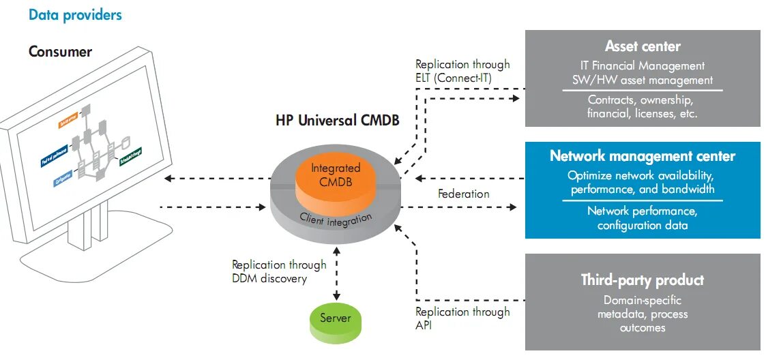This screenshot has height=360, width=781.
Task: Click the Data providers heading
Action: pyautogui.click(x=75, y=14)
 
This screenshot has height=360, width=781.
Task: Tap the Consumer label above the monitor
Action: pyautogui.click(x=60, y=52)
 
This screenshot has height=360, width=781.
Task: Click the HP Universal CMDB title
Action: pyautogui.click(x=337, y=121)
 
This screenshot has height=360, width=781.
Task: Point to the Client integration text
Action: pyautogui.click(x=336, y=220)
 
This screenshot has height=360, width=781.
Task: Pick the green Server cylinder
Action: pyautogui.click(x=336, y=319)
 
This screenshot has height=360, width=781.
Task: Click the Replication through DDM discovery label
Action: pyautogui.click(x=279, y=271)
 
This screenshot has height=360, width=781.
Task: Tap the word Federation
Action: pyautogui.click(x=463, y=194)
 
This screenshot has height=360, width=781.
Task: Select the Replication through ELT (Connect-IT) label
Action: pyautogui.click(x=462, y=71)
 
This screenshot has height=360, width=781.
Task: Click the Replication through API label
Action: pyautogui.click(x=462, y=318)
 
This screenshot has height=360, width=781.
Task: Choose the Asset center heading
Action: pyautogui.click(x=643, y=47)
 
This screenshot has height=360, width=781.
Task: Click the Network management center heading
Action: pyautogui.click(x=643, y=156)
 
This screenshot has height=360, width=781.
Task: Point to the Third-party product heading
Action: pyautogui.click(x=643, y=280)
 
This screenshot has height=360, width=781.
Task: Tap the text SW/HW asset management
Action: pyautogui.click(x=643, y=80)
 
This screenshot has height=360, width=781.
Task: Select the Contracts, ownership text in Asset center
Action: pyautogui.click(x=643, y=100)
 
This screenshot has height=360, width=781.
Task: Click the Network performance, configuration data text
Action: pyautogui.click(x=643, y=218)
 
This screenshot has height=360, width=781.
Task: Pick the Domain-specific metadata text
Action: pyautogui.click(x=643, y=307)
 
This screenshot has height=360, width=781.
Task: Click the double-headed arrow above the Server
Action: pyautogui.click(x=336, y=273)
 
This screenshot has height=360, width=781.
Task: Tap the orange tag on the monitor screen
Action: pyautogui.click(x=69, y=123)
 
